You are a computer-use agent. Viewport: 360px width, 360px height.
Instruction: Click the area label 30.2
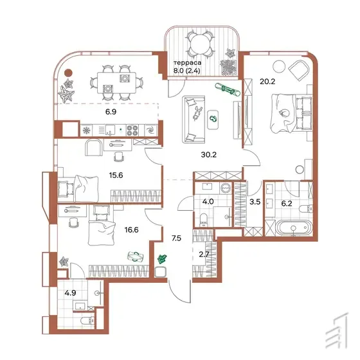209,155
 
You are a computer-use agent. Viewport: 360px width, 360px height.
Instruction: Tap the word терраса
188,63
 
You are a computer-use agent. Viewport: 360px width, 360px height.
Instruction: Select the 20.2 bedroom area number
267,82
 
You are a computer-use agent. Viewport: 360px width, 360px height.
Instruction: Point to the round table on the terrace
199,44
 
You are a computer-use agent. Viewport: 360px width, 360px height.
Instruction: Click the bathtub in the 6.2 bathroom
294,228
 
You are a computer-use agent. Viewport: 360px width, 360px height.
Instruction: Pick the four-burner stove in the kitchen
132,130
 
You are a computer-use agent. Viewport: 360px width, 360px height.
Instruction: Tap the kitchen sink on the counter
110,130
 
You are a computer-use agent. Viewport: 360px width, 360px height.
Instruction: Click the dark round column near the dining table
68,73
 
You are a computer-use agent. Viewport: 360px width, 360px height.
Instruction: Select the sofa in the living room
194,120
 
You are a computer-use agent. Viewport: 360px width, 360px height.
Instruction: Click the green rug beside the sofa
213,120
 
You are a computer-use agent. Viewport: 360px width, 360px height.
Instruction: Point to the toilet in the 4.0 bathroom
204,219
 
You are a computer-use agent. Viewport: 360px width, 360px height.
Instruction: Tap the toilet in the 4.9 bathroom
87,321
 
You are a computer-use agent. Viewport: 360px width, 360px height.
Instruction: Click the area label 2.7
204,255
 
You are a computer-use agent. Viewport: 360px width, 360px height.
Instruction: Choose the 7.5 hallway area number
176,239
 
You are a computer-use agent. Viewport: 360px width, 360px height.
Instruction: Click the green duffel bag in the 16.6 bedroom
136,256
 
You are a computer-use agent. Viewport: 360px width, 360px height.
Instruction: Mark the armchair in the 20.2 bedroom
299,71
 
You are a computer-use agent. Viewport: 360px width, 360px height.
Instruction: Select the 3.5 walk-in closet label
255,202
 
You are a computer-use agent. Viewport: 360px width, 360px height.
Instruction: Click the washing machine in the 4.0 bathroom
226,188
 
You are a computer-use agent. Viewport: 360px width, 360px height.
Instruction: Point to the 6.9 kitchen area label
111,112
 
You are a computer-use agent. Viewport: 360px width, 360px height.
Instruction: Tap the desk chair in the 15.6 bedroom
120,157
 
